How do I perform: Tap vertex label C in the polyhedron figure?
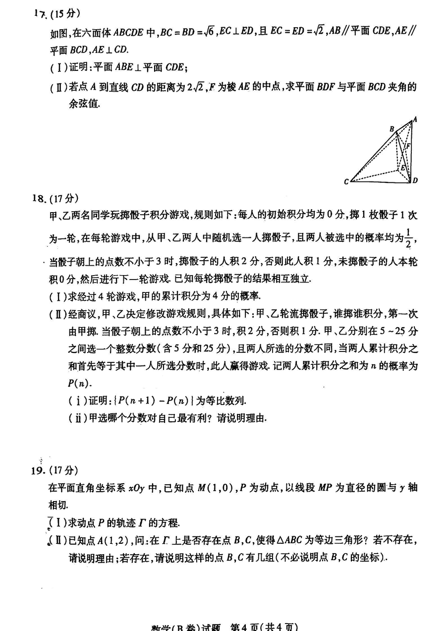pyautogui.click(x=346, y=182)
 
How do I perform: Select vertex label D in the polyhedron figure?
pyautogui.click(x=415, y=180)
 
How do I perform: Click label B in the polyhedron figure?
pyautogui.click(x=391, y=129)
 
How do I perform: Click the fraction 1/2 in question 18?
pyautogui.click(x=408, y=237)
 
